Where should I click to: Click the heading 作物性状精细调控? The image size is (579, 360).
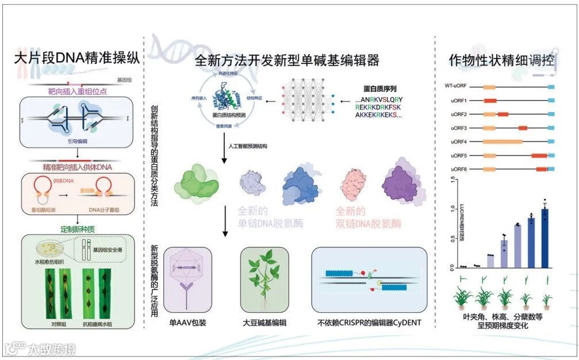click(x=501, y=60)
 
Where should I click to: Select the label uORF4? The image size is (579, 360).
click(x=459, y=141)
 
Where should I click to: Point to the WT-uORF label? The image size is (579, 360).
click(x=455, y=86)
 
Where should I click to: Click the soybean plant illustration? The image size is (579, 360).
click(x=260, y=280)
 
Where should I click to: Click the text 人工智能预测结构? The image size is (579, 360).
click(x=247, y=146)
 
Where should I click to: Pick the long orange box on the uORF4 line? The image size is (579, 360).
click(x=502, y=141)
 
